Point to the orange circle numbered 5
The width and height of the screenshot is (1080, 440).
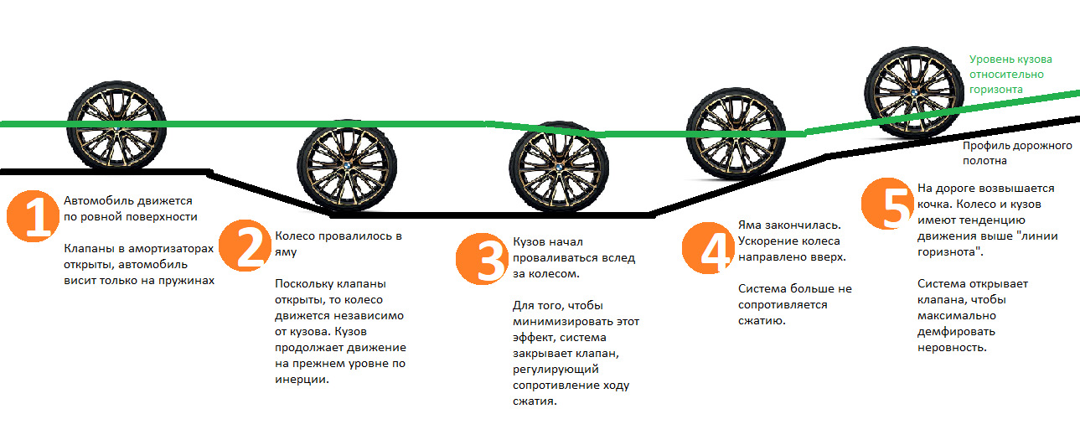click(887, 205)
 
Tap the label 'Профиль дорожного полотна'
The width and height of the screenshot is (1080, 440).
click(1017, 153)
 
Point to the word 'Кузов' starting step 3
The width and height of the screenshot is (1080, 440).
click(529, 242)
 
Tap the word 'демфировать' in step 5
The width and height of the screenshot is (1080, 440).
click(954, 331)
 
